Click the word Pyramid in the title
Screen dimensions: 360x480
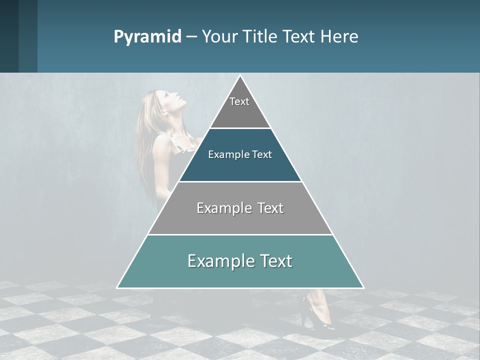(147, 36)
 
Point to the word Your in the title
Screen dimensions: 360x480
(218, 36)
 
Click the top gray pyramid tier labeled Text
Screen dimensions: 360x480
(240, 107)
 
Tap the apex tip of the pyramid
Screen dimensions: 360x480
(240, 76)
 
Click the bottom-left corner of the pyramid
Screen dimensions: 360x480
(118, 287)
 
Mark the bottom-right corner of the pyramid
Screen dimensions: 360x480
(362, 287)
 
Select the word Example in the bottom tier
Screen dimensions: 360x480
(214, 261)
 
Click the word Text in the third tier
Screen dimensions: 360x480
(271, 208)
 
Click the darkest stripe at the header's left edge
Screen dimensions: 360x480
(9, 36)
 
